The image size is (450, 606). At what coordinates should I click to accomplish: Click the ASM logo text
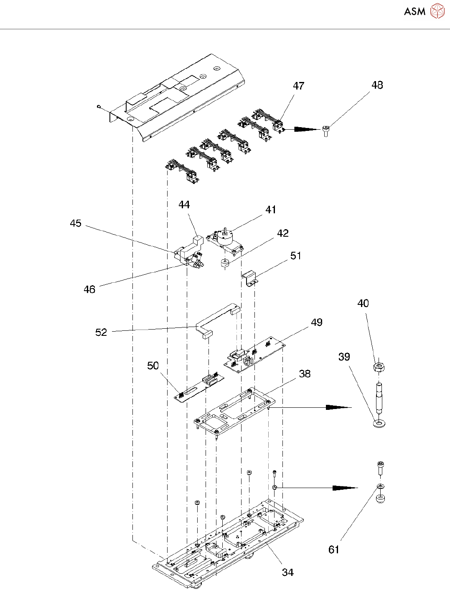point(414,11)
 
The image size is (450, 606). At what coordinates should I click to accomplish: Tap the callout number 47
point(298,86)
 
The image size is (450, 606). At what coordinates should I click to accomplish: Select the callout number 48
point(377,85)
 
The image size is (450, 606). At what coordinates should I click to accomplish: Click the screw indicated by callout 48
point(326,131)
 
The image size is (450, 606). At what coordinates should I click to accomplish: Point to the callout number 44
point(184,205)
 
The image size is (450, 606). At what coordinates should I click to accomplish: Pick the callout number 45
point(76,223)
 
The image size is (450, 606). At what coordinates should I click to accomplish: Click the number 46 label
point(89,289)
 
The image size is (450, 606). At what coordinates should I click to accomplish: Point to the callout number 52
point(101,332)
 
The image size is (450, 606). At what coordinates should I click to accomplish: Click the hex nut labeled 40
point(379,366)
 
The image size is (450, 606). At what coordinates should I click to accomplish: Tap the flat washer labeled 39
point(379,424)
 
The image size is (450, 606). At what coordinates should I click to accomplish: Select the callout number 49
point(316,322)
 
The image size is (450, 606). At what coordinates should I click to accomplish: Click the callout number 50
point(153,366)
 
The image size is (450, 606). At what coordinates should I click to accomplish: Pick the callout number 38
point(305,373)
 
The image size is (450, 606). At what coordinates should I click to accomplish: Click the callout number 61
point(334,550)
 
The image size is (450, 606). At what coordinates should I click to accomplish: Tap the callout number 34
point(288,572)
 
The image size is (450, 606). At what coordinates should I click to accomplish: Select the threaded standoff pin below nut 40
point(379,399)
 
